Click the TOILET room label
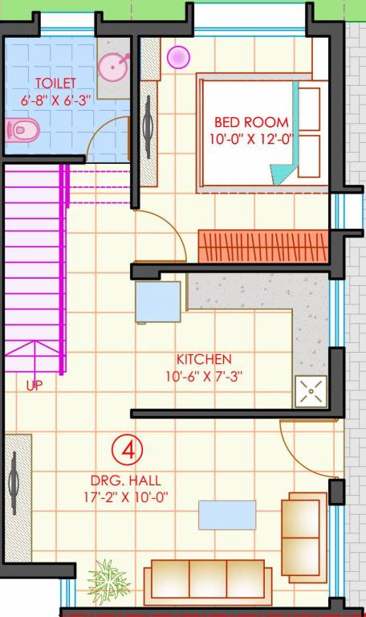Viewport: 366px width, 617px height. pos(55,83)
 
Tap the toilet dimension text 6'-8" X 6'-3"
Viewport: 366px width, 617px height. pos(55,99)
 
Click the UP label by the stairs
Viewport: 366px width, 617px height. pos(34,386)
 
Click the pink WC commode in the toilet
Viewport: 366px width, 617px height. pos(19,129)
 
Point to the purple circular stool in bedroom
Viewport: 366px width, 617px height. pos(178,57)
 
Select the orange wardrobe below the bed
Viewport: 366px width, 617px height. pos(263,246)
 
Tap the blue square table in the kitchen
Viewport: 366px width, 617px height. pos(157,301)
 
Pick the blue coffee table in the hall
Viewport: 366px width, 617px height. pos(227,514)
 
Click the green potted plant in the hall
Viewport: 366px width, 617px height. pos(108,578)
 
